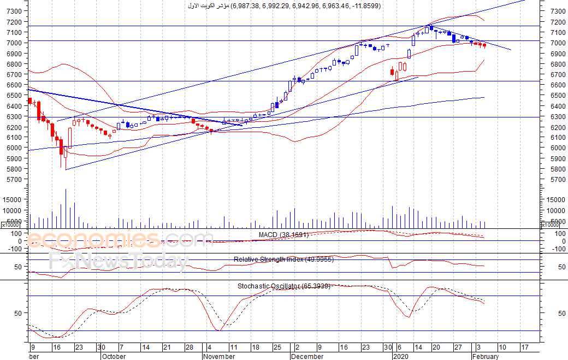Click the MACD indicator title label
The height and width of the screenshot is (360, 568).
pos(283,235)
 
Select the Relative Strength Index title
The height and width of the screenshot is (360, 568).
pos(283,259)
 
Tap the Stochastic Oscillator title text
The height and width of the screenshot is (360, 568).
pos(283,286)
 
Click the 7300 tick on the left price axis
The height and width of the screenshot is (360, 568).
pos(14,11)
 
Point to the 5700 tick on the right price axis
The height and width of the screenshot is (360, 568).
pos(558,180)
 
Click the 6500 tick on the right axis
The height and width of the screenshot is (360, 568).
pos(558,96)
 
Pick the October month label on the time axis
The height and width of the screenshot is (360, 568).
pos(114,356)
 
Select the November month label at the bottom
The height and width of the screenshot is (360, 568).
pos(219,356)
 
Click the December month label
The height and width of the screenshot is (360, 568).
pos(307,356)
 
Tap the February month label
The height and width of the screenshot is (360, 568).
pos(486,356)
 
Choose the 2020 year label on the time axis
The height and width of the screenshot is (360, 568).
pos(401,356)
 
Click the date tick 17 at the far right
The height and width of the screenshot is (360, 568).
pos(525,347)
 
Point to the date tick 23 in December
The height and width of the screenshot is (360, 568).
pos(365,347)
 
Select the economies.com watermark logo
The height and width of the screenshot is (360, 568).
pos(120,239)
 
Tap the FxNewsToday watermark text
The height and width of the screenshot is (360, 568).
pos(119,262)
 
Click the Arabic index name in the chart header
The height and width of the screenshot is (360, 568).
pos(208,6)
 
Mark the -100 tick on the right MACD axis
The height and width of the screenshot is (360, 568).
pos(559,249)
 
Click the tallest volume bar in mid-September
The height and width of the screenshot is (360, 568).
pos(66,208)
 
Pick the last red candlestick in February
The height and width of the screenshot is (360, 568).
pos(484,45)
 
